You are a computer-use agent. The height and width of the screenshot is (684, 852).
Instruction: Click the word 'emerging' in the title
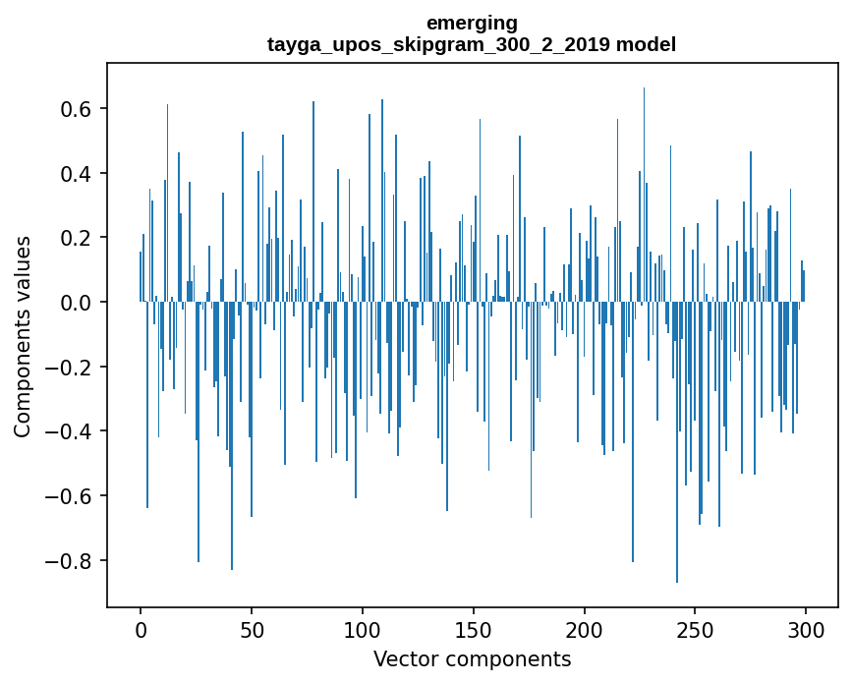472,23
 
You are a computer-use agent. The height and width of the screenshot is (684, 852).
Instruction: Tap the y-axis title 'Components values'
23,336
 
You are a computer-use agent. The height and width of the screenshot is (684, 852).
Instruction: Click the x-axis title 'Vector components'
472,658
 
